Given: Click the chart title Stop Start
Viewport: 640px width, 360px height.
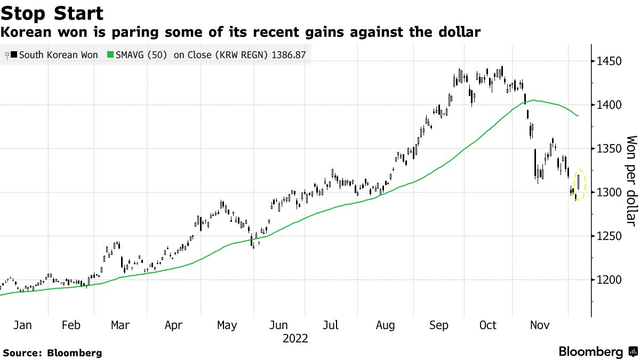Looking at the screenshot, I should pos(52,13).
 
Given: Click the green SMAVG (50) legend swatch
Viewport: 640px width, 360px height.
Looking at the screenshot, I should pos(111,55).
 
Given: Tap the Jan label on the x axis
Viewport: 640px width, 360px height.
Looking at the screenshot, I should pos(22,325).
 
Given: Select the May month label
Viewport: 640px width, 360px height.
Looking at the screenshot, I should pos(227,325).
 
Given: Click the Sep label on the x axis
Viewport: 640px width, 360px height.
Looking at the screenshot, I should pos(438,325).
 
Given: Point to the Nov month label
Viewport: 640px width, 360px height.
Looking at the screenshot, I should pos(541,325).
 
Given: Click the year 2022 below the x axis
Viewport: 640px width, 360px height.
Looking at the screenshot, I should pos(295,339).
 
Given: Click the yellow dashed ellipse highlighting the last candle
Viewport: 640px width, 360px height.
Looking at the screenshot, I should pos(580,185).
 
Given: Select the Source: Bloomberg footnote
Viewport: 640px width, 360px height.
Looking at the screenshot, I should pos(52,353).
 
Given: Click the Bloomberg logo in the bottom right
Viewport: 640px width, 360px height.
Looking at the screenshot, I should pos(597,352).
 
